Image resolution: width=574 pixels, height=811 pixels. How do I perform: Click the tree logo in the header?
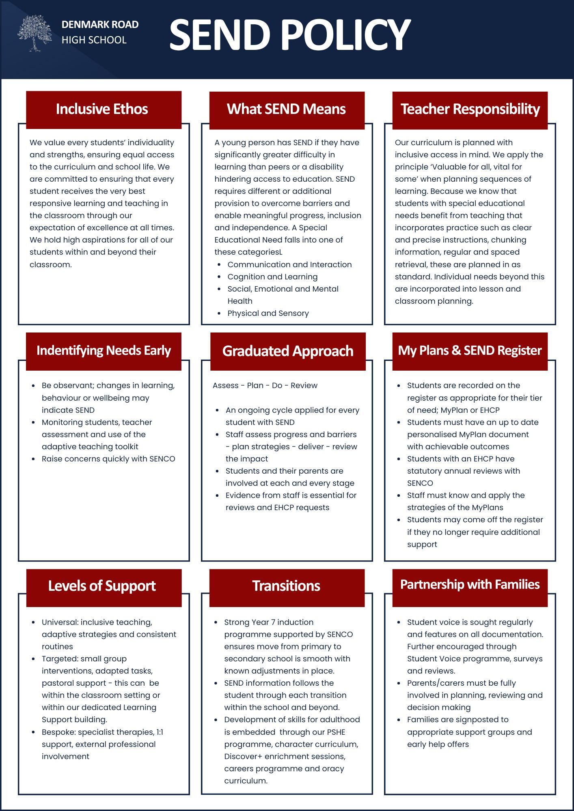(x=35, y=33)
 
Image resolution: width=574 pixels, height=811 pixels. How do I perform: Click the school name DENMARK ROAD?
(x=100, y=25)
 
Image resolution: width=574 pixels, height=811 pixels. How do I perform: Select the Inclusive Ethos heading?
(x=102, y=109)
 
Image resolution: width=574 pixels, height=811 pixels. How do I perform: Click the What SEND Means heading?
(x=286, y=109)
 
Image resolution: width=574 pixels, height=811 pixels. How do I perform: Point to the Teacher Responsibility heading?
(x=470, y=109)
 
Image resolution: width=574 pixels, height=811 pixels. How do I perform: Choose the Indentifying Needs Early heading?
(x=104, y=350)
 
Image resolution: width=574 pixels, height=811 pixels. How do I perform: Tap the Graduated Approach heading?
(x=288, y=351)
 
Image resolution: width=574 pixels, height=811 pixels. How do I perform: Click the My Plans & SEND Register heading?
(x=470, y=350)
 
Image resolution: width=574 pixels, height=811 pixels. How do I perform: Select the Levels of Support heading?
(x=102, y=586)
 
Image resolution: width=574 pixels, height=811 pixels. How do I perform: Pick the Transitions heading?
(x=286, y=586)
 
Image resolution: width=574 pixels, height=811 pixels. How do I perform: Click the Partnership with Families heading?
(x=470, y=584)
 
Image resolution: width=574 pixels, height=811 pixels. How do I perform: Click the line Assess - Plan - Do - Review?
(x=265, y=386)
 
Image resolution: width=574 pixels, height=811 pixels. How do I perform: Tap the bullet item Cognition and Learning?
(x=272, y=277)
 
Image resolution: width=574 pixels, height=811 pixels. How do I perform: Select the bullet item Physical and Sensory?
(x=268, y=313)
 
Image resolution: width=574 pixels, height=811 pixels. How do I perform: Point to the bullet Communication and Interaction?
(x=289, y=265)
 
